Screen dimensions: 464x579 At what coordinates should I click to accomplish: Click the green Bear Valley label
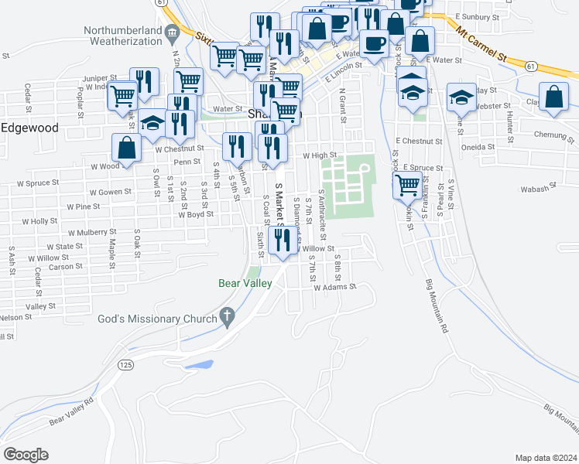(244, 284)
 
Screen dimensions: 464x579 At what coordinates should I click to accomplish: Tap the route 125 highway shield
(124, 363)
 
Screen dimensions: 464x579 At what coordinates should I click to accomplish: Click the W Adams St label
(334, 286)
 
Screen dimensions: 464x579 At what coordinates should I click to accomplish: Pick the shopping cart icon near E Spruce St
(407, 186)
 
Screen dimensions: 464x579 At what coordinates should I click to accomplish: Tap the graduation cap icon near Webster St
(462, 97)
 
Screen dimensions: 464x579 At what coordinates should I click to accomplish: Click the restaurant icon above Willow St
(283, 240)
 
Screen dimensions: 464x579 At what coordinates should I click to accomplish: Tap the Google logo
(26, 454)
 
